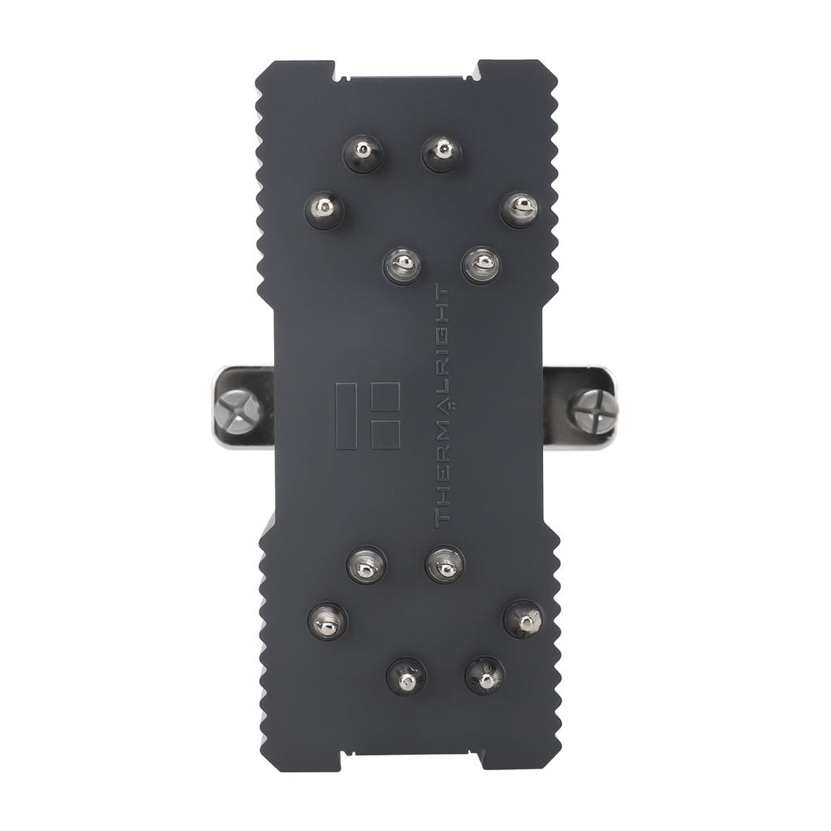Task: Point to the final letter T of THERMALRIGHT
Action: click(443, 291)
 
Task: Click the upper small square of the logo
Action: click(385, 398)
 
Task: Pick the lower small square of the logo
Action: click(385, 433)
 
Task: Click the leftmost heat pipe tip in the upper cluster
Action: click(325, 210)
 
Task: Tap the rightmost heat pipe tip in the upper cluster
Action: click(520, 209)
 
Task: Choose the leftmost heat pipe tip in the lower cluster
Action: click(327, 621)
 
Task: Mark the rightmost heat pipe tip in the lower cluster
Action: click(523, 620)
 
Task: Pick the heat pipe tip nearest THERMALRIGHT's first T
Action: click(445, 563)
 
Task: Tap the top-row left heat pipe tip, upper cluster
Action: click(363, 152)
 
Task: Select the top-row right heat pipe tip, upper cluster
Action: click(441, 152)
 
